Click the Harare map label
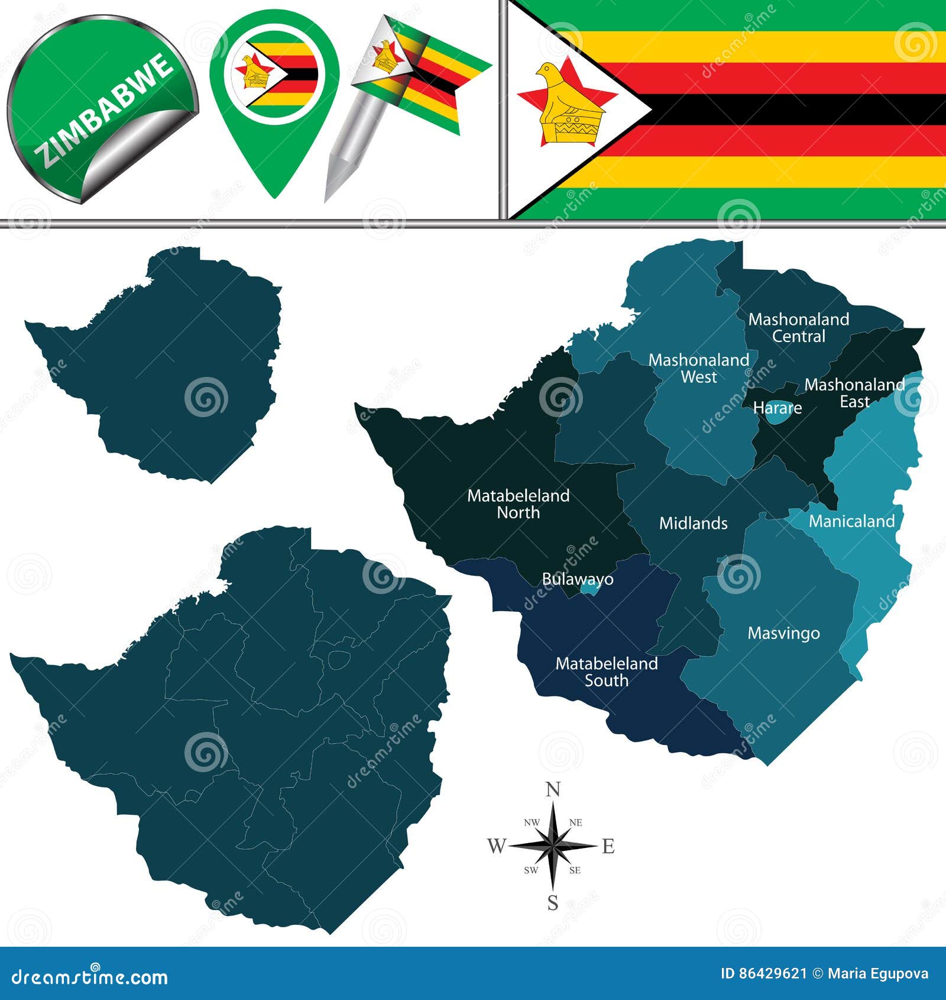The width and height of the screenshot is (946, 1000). tap(777, 408)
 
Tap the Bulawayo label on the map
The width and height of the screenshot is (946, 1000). tap(577, 579)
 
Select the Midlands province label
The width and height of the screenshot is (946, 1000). tap(693, 523)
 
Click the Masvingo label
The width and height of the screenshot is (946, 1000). tap(783, 633)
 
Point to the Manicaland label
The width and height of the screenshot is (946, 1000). tap(851, 521)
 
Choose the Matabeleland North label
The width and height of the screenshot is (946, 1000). tap(518, 504)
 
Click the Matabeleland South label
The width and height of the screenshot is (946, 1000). tap(606, 672)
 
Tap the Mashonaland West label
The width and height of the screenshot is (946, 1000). tap(698, 368)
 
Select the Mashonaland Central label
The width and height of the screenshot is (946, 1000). tap(798, 327)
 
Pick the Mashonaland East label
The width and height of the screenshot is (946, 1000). tap(854, 393)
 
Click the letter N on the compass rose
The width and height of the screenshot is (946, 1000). tap(553, 789)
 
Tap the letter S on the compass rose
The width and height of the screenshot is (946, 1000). tap(553, 903)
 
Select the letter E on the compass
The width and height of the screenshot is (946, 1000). tap(608, 846)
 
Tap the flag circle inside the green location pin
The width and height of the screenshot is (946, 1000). tap(274, 73)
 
